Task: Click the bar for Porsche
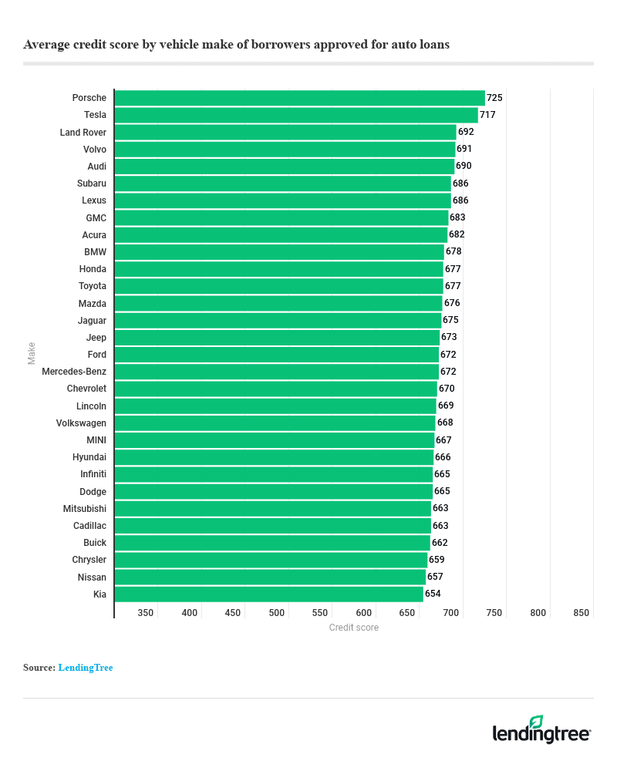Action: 299,98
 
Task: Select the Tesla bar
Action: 296,115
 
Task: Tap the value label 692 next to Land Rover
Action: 466,132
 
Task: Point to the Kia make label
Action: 99,594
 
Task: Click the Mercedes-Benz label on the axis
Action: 74,372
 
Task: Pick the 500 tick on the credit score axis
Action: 277,613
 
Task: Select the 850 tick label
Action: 582,613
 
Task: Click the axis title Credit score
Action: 353,628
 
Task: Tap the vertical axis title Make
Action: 32,353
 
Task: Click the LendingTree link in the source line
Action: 86,668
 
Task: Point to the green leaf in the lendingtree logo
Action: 536,721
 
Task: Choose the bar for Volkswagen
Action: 275,423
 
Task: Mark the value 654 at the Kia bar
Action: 433,594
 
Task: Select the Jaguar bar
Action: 278,320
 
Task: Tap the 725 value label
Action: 494,98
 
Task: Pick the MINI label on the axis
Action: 96,440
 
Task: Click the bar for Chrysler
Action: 271,560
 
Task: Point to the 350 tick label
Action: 146,613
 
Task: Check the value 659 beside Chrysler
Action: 437,560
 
